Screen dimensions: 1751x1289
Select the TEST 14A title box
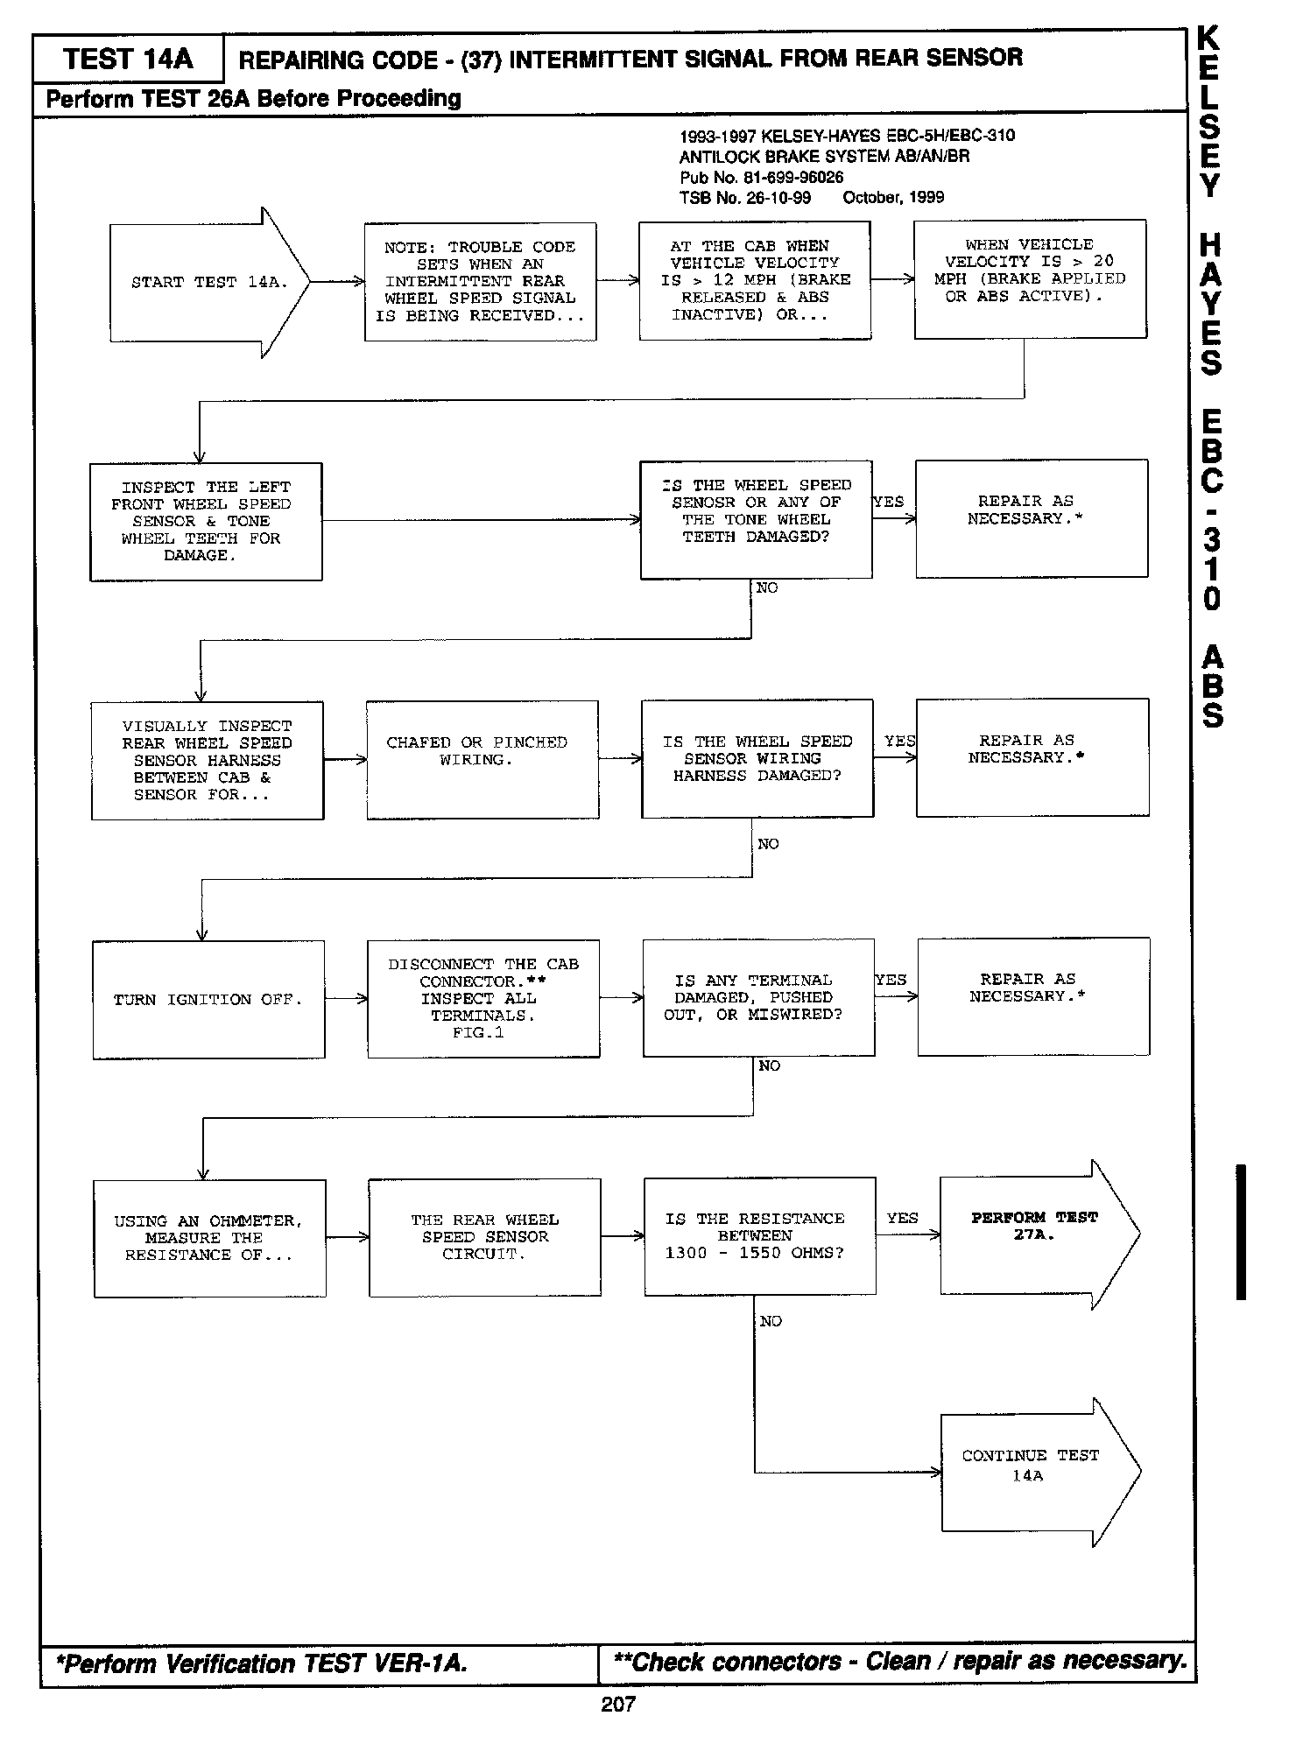pos(128,60)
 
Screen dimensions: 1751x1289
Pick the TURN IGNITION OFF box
pos(208,1000)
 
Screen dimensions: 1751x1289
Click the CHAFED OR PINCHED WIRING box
pos(482,760)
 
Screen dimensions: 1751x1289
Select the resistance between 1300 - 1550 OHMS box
pos(759,1236)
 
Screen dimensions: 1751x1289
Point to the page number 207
pos(618,1704)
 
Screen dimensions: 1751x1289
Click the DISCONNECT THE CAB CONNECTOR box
pos(483,999)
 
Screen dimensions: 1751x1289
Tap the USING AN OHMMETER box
pos(209,1238)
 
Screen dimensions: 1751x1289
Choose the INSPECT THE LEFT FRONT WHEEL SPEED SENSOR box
pos(206,522)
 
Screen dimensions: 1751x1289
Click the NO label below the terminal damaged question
pos(770,1065)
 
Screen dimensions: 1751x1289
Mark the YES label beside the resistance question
pos(902,1218)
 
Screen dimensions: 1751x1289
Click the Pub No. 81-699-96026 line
pos(761,177)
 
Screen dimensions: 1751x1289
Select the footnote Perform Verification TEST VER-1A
pos(263,1663)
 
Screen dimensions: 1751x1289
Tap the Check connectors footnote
pos(900,1662)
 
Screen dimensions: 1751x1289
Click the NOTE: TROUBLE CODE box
pos(480,281)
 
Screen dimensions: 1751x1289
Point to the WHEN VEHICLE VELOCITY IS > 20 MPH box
pos(1030,279)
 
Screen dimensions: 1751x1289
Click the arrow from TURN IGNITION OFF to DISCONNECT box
pos(346,999)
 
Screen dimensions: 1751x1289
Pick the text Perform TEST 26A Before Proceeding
pos(253,98)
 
